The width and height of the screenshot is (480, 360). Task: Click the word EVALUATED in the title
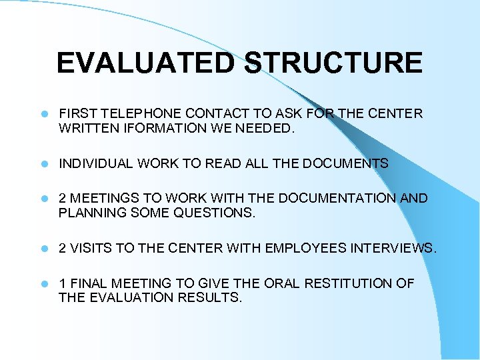coord(145,63)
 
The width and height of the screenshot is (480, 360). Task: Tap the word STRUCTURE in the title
coord(333,63)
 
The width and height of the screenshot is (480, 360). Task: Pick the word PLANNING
coord(90,213)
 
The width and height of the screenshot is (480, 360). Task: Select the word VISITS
coord(91,249)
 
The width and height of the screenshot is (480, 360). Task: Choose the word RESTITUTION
coord(349,284)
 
